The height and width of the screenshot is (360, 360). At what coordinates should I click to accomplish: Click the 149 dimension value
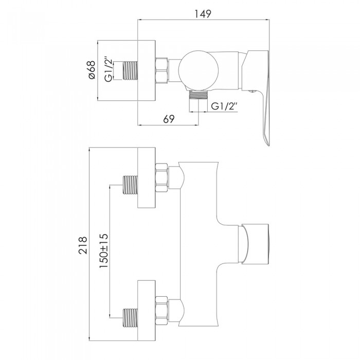click(x=203, y=14)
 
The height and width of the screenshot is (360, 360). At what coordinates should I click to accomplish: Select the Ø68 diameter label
click(x=92, y=70)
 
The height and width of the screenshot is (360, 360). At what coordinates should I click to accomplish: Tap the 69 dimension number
click(x=169, y=119)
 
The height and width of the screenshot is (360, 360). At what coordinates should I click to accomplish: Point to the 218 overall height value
click(x=83, y=245)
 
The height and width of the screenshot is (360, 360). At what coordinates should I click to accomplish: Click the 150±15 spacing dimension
click(x=103, y=251)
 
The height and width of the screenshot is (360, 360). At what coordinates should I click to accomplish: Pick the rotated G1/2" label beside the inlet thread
click(x=109, y=69)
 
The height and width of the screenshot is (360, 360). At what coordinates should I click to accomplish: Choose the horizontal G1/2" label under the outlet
click(x=224, y=106)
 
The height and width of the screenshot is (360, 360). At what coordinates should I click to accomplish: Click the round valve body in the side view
click(x=199, y=70)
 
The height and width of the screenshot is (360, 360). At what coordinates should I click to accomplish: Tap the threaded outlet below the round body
click(x=199, y=94)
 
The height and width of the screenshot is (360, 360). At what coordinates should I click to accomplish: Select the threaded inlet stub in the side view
click(x=131, y=71)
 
